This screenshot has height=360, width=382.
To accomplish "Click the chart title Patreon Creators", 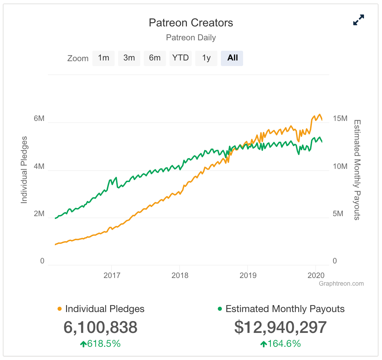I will point(191,23).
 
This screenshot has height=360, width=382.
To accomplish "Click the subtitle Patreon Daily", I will point(191,38).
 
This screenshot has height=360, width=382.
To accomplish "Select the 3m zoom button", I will point(129,58).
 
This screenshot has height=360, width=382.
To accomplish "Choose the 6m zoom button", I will point(155,58).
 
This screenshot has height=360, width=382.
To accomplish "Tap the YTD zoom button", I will point(180,58).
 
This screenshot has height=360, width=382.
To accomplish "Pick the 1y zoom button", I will point(206,58).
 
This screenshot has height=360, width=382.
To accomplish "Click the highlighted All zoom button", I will point(232,58).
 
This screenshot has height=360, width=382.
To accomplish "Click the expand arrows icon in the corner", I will point(358,20).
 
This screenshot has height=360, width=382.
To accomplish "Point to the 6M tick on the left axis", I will point(39,118).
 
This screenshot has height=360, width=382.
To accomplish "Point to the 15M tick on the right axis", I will point(340,118).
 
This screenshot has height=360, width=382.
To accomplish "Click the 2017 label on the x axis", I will point(112,276).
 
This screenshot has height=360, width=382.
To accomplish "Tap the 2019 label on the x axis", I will point(248,276).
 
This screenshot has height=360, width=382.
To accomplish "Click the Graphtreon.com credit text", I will point(341,284).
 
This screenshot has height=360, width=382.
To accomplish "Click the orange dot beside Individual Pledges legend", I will point(59,309).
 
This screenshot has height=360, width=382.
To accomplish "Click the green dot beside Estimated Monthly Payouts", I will point(220,309).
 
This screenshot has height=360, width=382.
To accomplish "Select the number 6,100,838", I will point(100,327).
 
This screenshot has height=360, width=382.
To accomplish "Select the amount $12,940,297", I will point(281,327).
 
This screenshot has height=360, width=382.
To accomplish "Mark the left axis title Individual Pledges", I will point(24,170).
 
